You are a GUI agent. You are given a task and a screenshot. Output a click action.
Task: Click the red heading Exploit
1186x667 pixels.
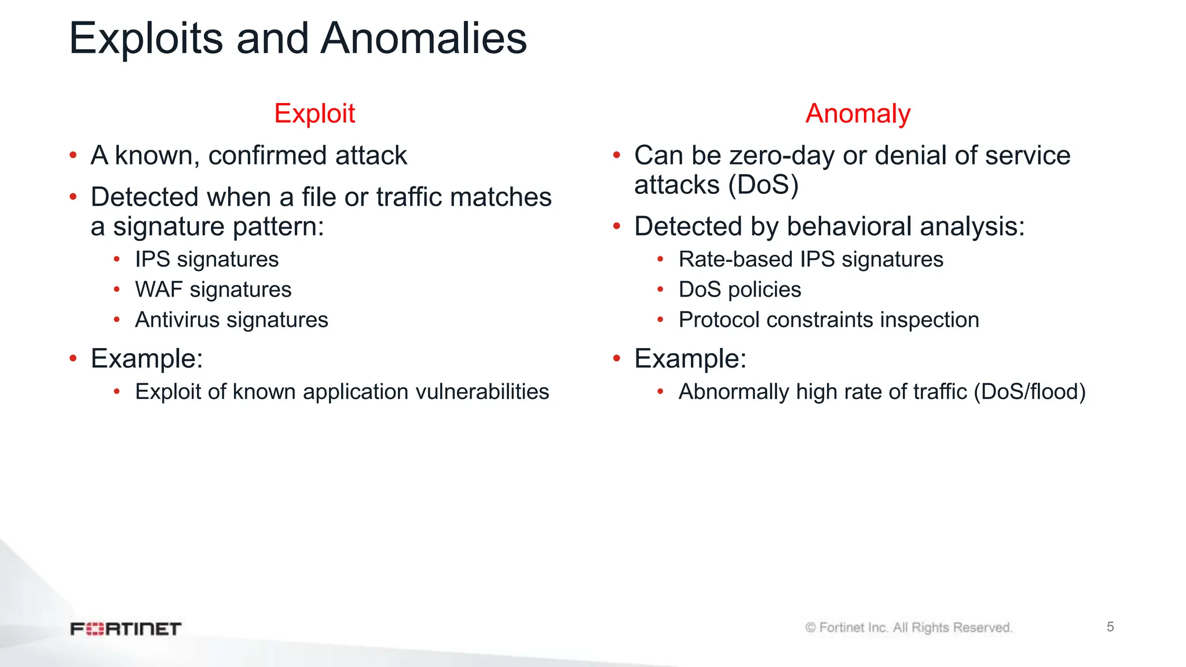click(x=314, y=113)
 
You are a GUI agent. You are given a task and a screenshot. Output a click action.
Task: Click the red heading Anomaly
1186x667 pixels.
click(x=858, y=113)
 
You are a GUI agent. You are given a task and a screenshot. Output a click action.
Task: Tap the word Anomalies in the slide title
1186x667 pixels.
click(x=423, y=39)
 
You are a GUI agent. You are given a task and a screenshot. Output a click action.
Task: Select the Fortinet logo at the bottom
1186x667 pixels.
click(x=126, y=629)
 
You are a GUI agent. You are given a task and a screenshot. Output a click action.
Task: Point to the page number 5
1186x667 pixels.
click(x=1110, y=626)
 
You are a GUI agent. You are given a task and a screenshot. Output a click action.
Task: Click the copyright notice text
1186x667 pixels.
click(x=909, y=628)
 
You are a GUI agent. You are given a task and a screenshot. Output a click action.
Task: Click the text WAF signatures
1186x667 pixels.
click(x=213, y=289)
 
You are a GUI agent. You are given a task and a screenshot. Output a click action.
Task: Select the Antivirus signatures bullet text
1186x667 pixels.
click(x=231, y=320)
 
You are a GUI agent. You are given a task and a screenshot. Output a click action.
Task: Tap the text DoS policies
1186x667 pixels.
click(x=740, y=289)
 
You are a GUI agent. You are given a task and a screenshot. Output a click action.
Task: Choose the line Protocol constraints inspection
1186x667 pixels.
click(x=829, y=320)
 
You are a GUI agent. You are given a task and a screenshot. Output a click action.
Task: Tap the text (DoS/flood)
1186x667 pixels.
click(x=1030, y=392)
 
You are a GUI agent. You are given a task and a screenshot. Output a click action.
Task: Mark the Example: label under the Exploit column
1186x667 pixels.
click(x=147, y=358)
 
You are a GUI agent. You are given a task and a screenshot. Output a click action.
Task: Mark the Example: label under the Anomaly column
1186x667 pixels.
click(x=690, y=358)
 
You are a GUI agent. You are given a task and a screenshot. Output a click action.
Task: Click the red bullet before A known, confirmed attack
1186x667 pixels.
click(x=73, y=155)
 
